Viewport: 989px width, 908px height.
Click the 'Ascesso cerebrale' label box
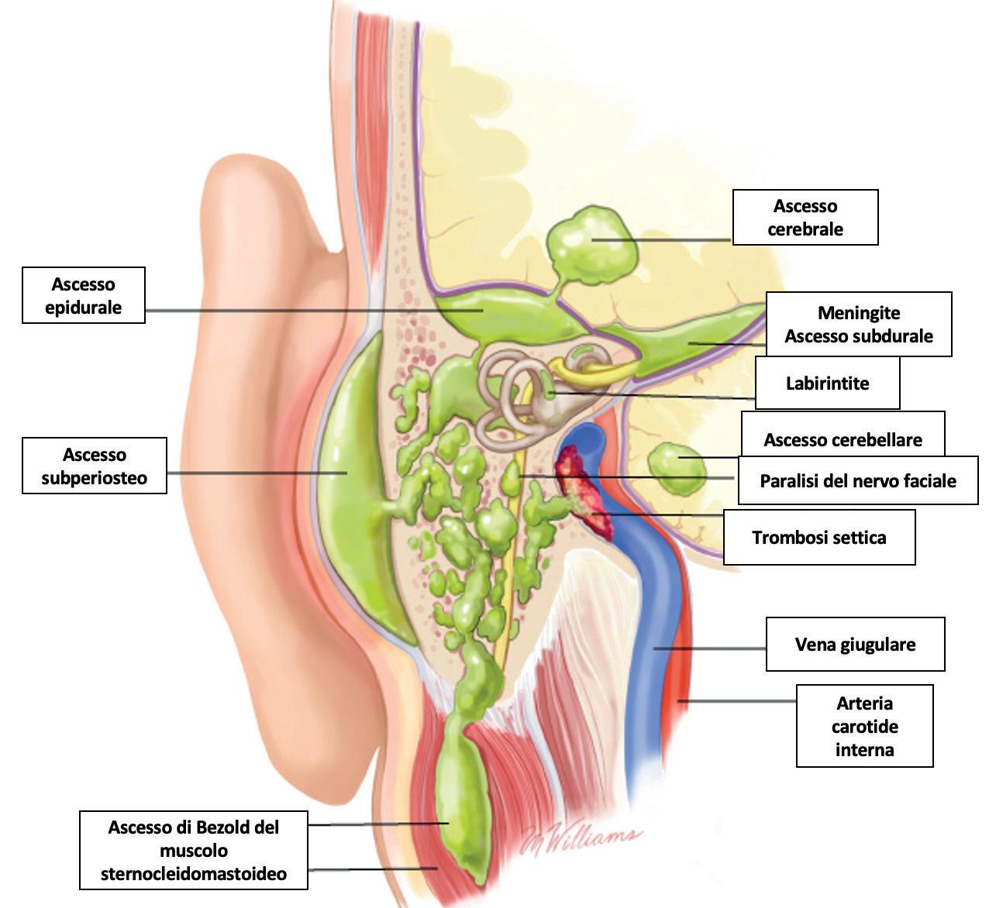click(x=805, y=218)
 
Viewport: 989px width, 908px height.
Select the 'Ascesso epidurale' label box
click(x=84, y=295)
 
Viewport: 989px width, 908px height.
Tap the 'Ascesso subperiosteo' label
click(x=95, y=466)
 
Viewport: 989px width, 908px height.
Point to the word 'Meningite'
click(x=859, y=313)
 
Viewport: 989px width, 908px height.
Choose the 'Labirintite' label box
click(x=827, y=383)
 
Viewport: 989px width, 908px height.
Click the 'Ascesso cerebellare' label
click(x=843, y=439)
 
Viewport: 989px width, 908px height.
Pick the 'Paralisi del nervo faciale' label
click(x=857, y=480)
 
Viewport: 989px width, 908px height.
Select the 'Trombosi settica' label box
click(x=818, y=537)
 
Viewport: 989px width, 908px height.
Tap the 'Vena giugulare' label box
click(x=855, y=644)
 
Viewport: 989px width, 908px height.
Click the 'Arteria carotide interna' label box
click(x=864, y=726)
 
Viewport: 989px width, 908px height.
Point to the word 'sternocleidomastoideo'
click(x=194, y=874)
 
